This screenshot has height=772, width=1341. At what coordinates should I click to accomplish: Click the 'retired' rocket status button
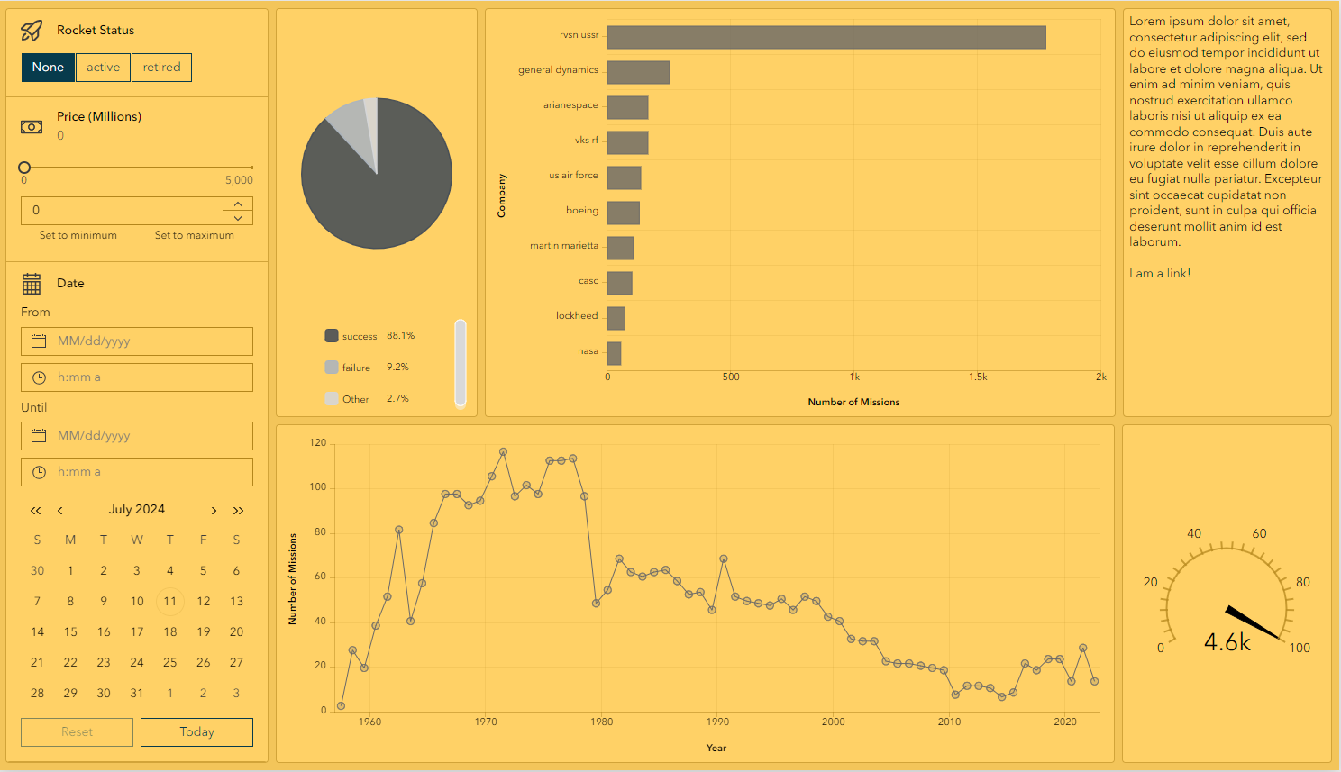click(161, 68)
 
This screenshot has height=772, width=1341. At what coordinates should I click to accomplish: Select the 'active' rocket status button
click(103, 68)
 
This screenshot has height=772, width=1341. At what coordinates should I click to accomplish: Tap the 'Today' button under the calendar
click(196, 732)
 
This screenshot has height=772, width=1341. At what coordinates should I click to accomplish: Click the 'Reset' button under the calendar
click(77, 732)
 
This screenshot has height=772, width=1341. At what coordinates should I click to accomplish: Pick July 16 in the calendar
click(104, 632)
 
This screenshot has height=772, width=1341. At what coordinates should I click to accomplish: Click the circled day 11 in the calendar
click(169, 602)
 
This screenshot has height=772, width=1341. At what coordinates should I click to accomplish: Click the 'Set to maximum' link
click(194, 235)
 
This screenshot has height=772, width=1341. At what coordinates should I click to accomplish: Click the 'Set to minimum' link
click(78, 235)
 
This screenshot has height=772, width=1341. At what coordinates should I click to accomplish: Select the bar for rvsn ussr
click(826, 37)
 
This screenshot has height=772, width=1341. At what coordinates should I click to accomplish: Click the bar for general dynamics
click(638, 72)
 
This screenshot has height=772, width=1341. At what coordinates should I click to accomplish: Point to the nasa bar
click(614, 353)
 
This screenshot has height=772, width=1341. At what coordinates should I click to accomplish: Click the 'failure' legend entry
click(356, 368)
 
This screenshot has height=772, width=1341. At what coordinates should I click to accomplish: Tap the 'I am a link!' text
click(1160, 273)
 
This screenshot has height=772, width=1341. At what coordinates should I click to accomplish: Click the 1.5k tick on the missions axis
click(978, 377)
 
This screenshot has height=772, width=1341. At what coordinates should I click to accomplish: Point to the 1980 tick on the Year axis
click(601, 722)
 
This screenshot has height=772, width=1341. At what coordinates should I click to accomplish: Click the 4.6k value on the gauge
click(1227, 642)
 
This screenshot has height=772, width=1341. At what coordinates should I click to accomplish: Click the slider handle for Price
click(24, 168)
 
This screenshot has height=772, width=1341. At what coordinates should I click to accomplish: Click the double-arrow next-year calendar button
click(238, 511)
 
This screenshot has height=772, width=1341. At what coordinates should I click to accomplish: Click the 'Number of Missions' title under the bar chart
click(853, 402)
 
